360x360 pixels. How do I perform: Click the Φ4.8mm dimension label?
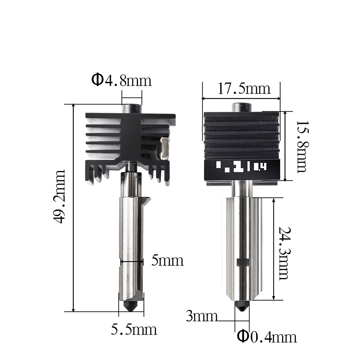(x=121, y=81)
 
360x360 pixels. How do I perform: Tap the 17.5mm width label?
(x=244, y=88)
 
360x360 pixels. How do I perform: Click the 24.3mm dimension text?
(x=283, y=253)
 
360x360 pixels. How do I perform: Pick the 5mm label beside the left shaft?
(x=168, y=261)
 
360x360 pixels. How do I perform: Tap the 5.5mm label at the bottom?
(x=134, y=330)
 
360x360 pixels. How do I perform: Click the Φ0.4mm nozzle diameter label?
(x=267, y=337)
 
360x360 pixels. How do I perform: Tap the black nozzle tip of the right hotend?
(x=242, y=307)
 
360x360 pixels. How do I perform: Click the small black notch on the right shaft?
(x=243, y=262)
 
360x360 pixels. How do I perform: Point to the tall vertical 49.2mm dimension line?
(x=73, y=208)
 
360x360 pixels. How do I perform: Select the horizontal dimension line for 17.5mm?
(x=241, y=98)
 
